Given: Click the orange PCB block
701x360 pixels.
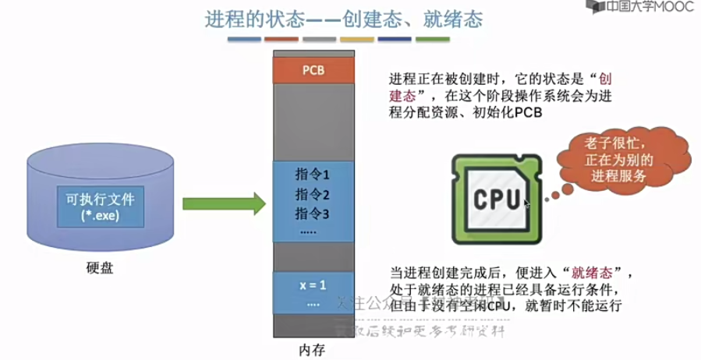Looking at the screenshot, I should pos(313,71).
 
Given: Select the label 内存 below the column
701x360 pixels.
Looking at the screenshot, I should pos(313,350).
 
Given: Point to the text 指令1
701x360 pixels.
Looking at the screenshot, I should pos(313,173).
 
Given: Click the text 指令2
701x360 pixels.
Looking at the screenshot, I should pos(313,193).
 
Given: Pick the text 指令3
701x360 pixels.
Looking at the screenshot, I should pos(313,213).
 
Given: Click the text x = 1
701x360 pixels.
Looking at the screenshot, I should pos(313,284).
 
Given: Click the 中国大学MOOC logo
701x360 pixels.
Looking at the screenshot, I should pos(640,8).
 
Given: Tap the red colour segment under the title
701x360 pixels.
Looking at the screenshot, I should pos(281,39).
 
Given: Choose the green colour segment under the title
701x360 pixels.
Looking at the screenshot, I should pos(431,39).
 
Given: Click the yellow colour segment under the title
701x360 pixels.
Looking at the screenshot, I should pos(356,39).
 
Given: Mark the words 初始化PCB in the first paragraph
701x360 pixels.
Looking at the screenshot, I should pos(508,113).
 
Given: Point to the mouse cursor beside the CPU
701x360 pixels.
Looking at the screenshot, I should pos(527,204).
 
